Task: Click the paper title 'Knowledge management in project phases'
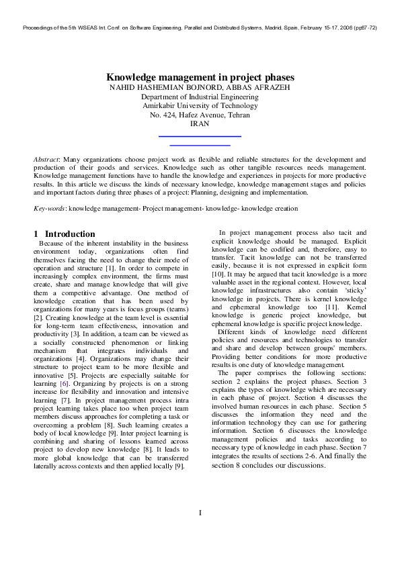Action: [200, 78]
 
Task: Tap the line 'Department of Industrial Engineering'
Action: [200, 97]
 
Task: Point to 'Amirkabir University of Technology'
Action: [200, 106]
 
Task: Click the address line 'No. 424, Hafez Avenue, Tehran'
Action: [200, 115]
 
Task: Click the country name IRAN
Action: [200, 124]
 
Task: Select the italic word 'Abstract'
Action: [46, 160]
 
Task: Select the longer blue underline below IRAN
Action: [199, 136]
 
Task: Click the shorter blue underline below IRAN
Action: [200, 144]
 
